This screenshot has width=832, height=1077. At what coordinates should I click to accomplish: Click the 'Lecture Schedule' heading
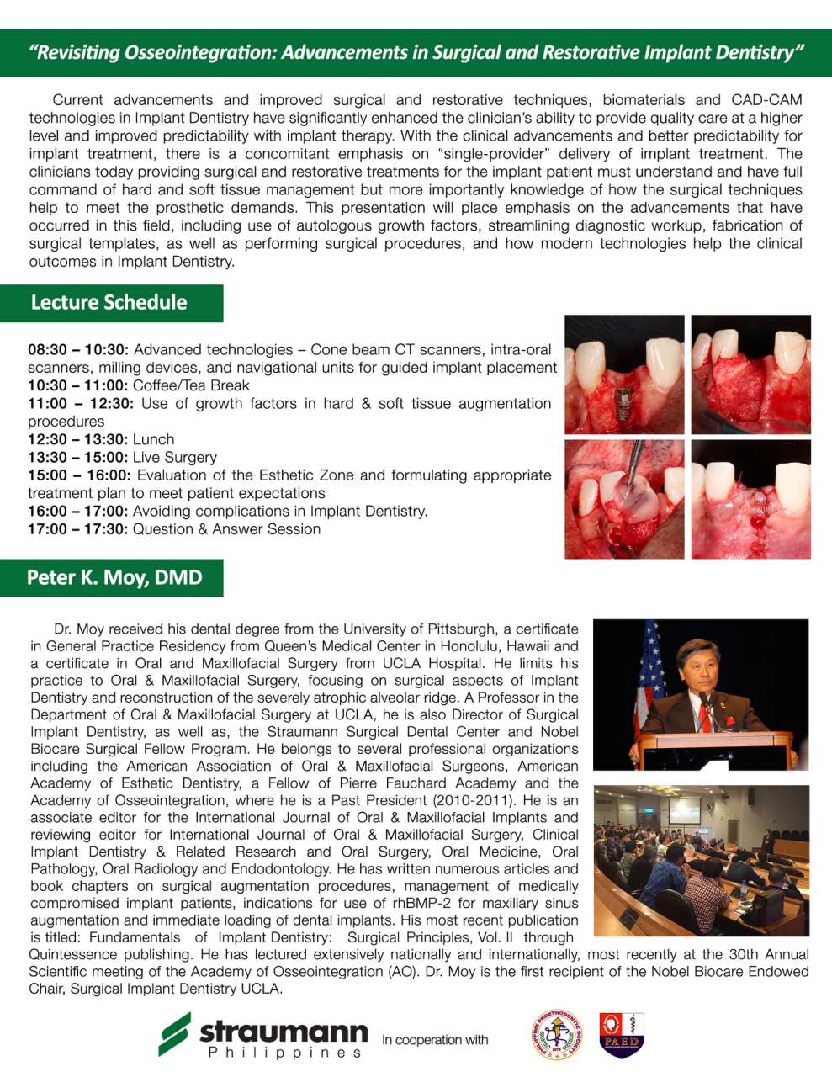(x=109, y=303)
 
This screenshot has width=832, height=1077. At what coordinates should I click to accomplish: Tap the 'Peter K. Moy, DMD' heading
(x=114, y=578)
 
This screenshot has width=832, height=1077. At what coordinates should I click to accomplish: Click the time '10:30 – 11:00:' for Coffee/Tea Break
(x=78, y=385)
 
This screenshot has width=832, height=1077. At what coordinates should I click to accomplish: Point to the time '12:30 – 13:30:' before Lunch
(x=78, y=439)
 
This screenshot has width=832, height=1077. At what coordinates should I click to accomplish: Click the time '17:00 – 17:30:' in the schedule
(x=78, y=529)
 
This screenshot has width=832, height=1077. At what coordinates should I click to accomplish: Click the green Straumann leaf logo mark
(x=174, y=1034)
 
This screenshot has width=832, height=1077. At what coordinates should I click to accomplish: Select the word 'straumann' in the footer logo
(x=284, y=1031)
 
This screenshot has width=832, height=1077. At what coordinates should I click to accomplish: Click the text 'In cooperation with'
(x=435, y=1040)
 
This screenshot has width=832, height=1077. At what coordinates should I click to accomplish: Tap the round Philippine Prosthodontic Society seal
(x=557, y=1036)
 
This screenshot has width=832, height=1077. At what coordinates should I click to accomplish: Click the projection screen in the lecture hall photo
(x=684, y=810)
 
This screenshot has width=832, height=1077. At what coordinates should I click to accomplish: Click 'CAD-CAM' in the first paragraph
(x=766, y=100)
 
